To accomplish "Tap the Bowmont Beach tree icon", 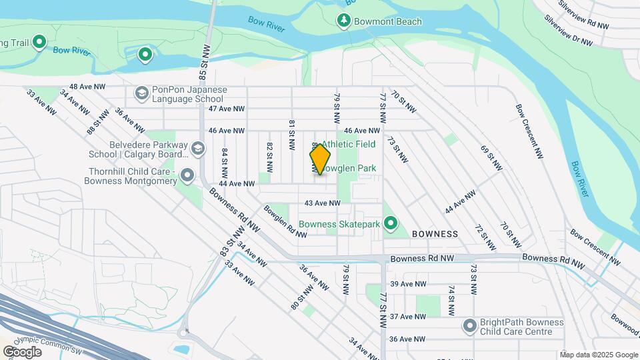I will pos(344,21).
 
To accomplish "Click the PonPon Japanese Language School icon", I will pos(141,94).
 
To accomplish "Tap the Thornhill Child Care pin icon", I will pos(188,176).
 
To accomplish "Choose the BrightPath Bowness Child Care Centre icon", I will pos(471,327).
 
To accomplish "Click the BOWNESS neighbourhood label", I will pos(435,234).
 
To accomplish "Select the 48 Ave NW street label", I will pos(87,87).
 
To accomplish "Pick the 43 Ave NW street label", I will pos(322,203).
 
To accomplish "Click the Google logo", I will pos(22,351).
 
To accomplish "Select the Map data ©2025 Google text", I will pos(598,355).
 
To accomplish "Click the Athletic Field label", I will pos(349,144).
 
